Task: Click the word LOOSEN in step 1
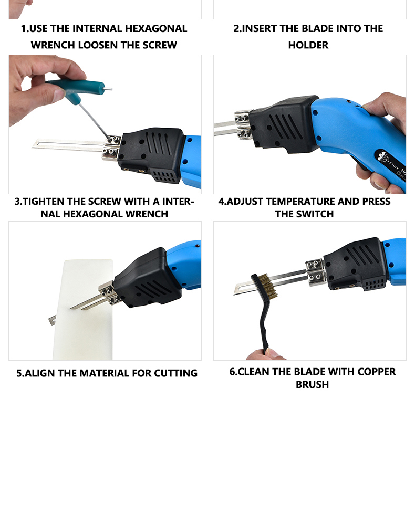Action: [x=98, y=45]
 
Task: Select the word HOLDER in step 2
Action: [x=308, y=45]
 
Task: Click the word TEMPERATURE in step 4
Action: [x=300, y=201]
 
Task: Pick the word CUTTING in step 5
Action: [x=175, y=373]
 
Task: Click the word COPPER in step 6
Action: [x=376, y=372]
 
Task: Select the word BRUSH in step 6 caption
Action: [x=312, y=384]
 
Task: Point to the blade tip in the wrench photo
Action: [x=33, y=145]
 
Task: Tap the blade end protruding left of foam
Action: [x=51, y=320]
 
